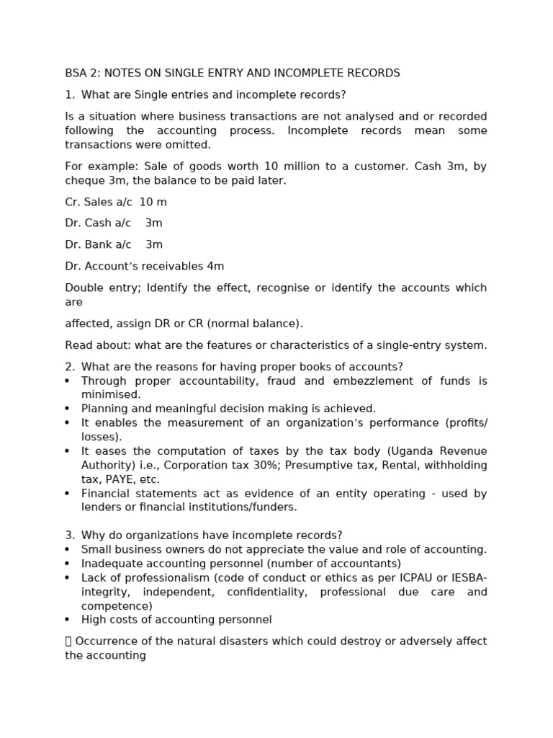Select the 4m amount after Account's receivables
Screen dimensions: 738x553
tap(215, 267)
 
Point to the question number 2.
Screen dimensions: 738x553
tap(69, 367)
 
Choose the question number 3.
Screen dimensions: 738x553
tap(69, 535)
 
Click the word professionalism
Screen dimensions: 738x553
tap(166, 578)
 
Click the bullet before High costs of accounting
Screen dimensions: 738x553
tap(68, 621)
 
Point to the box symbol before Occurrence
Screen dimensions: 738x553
tap(68, 641)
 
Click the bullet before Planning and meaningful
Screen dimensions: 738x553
tap(68, 409)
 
